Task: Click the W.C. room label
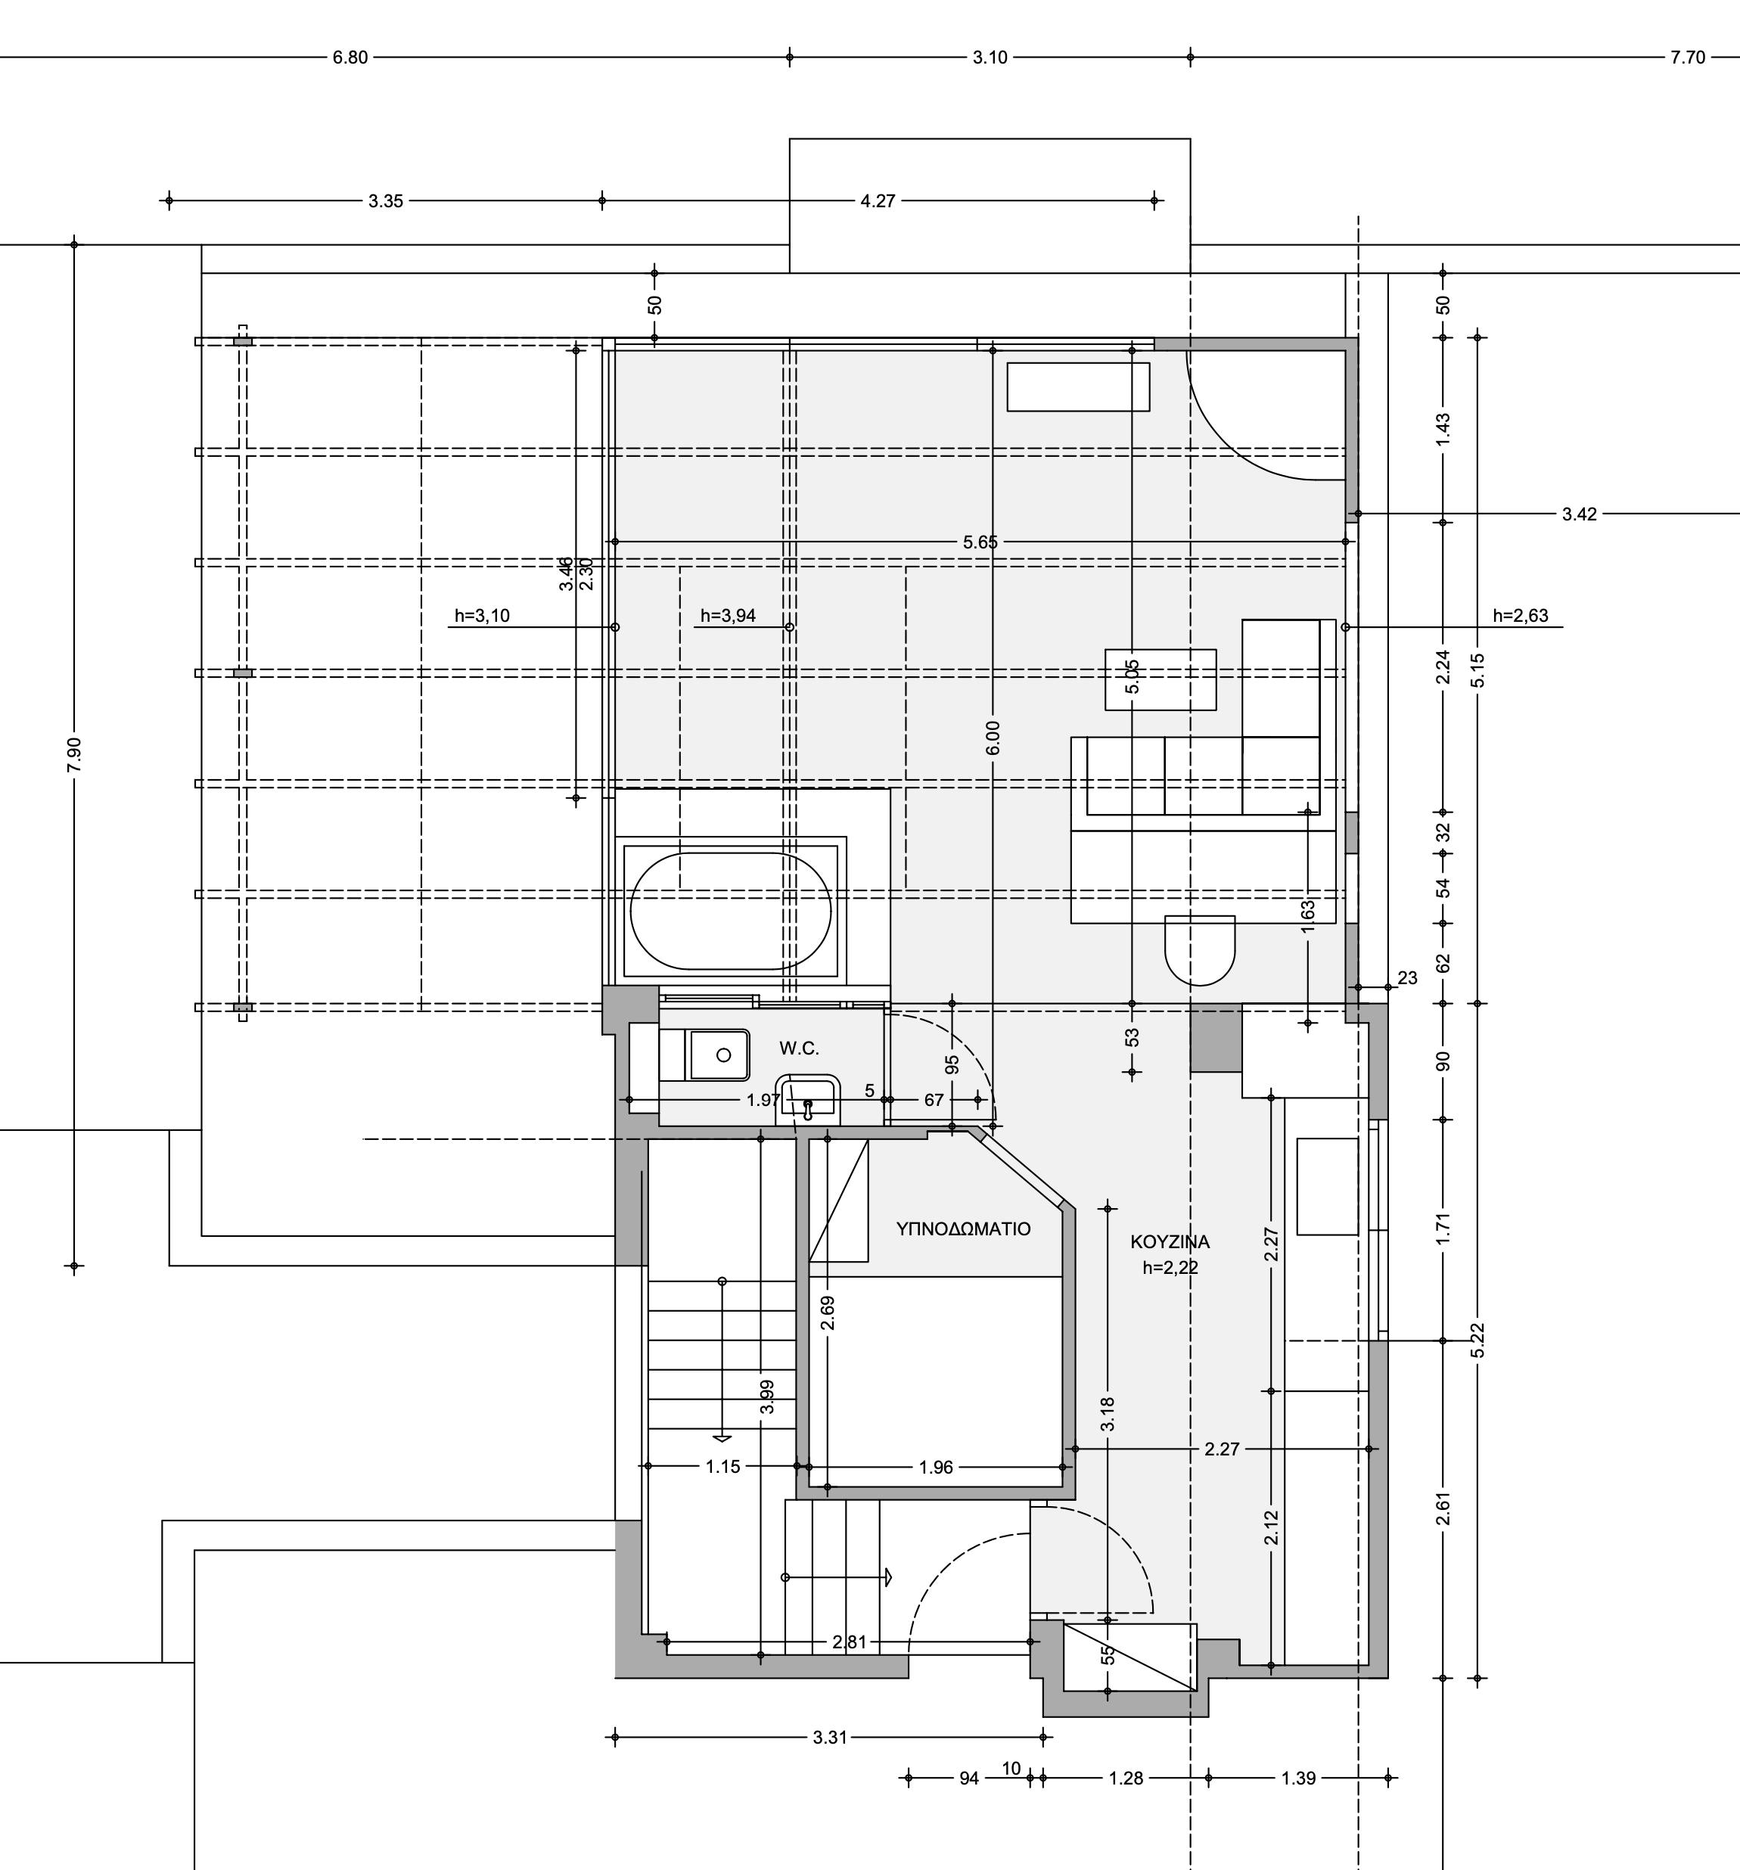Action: point(799,1048)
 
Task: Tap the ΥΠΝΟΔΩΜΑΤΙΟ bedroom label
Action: point(963,1229)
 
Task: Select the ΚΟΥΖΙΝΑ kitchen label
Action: point(1170,1241)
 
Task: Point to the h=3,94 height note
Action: point(728,616)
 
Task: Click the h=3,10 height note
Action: point(483,616)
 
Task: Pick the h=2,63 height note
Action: point(1520,616)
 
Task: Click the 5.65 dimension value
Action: point(980,542)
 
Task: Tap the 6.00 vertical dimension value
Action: point(993,738)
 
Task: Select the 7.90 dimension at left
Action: point(74,754)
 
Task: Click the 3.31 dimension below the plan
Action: point(830,1738)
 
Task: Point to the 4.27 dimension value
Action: point(878,200)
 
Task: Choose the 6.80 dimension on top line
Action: point(350,57)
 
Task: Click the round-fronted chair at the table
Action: point(1199,950)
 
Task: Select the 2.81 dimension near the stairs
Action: point(850,1642)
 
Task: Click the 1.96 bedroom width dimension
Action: point(936,1467)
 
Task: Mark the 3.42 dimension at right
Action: point(1579,514)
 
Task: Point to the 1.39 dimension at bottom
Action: point(1298,1778)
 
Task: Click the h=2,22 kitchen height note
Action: point(1170,1267)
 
